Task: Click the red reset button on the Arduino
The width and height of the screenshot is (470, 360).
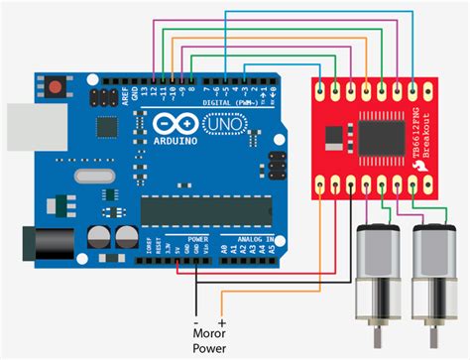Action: (56, 88)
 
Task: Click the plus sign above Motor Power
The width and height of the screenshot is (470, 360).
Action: (221, 323)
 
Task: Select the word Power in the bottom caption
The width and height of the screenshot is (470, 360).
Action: (210, 348)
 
